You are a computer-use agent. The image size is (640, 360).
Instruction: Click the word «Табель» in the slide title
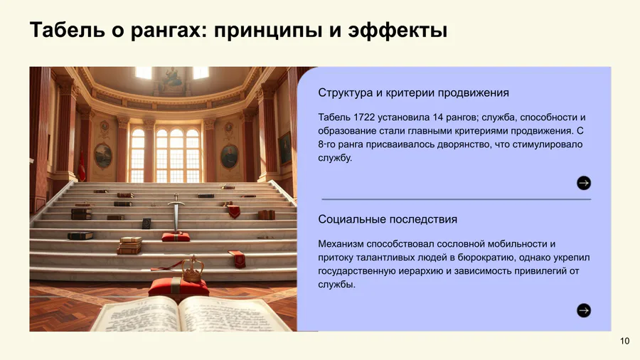click(x=67, y=30)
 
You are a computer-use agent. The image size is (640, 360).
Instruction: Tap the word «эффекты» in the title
click(x=398, y=31)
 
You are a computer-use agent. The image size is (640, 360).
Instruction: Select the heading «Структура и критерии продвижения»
click(x=413, y=92)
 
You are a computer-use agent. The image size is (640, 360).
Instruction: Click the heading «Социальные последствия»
click(x=388, y=219)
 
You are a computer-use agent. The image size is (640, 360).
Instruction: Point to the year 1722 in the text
click(x=364, y=117)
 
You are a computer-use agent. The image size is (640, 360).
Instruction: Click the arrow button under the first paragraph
click(x=584, y=183)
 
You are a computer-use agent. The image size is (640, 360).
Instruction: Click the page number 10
click(x=624, y=342)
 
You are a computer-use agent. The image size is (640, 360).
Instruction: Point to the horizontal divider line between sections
click(x=457, y=199)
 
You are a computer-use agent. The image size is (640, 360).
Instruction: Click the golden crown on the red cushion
click(x=193, y=269)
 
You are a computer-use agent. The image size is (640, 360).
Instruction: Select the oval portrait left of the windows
click(x=103, y=156)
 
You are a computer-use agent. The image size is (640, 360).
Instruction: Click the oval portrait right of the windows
click(x=230, y=157)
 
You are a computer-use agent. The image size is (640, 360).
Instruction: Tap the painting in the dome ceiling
click(x=172, y=80)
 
